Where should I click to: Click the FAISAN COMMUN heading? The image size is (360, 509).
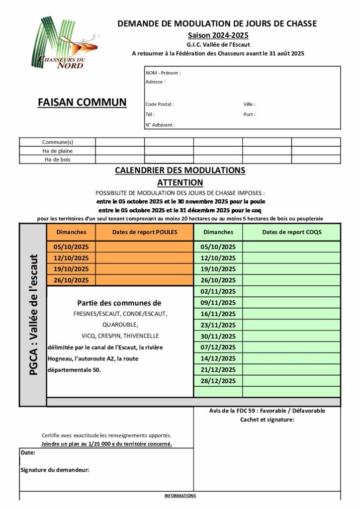[82, 102]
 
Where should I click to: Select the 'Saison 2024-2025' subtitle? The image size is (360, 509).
[218, 35]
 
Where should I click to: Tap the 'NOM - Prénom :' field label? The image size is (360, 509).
[163, 73]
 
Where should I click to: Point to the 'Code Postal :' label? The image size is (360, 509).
[160, 104]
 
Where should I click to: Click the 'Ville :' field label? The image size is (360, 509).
[250, 104]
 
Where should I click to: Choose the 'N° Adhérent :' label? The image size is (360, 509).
[160, 125]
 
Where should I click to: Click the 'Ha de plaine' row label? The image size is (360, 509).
[57, 151]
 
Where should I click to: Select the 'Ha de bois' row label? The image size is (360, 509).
[57, 160]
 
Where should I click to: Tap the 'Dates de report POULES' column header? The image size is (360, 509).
[145, 232]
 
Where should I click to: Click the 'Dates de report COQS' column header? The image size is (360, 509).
[291, 232]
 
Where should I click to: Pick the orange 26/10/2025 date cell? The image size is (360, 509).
[71, 280]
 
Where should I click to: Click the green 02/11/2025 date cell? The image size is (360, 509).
[218, 291]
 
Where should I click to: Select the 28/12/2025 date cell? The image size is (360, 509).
[218, 381]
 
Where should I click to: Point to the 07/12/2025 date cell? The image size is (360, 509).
[218, 347]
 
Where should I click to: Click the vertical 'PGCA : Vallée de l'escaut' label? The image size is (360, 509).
[33, 316]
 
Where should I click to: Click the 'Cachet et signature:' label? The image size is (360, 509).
[267, 420]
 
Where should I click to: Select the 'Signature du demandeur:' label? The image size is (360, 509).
[55, 470]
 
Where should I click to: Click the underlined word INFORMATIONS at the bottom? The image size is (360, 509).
[180, 496]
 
